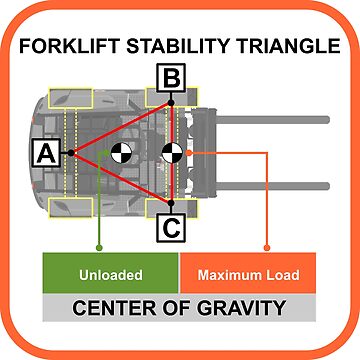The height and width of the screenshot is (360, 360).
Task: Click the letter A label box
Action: click(x=45, y=153)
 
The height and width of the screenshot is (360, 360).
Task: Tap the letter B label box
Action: click(x=171, y=76)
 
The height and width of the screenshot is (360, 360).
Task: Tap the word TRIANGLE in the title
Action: click(x=283, y=46)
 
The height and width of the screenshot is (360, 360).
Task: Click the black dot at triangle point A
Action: click(x=70, y=153)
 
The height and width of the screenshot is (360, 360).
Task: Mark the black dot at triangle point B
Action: click(x=171, y=101)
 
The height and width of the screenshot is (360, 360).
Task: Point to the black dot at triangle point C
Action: click(x=171, y=205)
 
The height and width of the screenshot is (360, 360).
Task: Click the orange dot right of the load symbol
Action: click(x=189, y=153)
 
